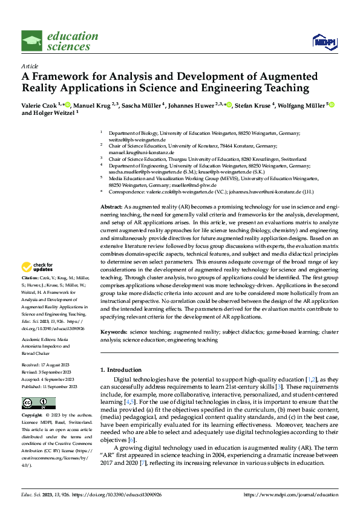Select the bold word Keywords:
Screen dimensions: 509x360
114,332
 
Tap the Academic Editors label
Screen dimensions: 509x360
41,340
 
